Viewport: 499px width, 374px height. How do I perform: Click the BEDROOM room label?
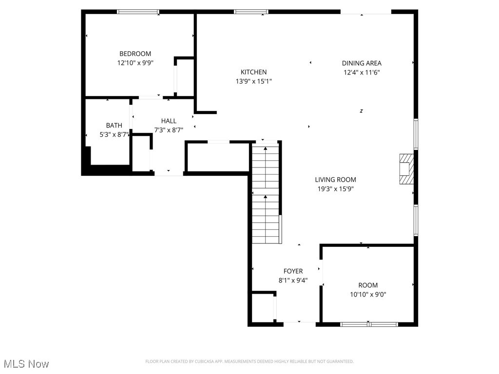click(135, 54)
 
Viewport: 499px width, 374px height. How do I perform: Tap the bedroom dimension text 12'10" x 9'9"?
click(135, 62)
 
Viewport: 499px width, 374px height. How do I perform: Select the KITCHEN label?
click(253, 72)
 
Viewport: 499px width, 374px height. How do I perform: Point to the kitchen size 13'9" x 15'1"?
click(253, 81)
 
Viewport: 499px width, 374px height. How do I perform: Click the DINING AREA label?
click(362, 63)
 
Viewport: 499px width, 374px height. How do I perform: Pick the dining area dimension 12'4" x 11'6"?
click(362, 72)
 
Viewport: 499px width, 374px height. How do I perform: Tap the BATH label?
click(114, 125)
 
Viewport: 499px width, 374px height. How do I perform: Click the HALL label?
click(169, 121)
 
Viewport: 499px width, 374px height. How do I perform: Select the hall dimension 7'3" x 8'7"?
click(169, 130)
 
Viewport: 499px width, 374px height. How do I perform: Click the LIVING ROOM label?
click(335, 179)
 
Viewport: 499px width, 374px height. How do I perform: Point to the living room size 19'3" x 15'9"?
click(335, 188)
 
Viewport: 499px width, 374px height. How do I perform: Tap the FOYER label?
click(293, 271)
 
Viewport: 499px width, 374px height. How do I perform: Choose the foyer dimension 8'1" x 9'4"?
click(293, 280)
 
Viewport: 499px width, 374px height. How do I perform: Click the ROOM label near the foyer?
click(368, 285)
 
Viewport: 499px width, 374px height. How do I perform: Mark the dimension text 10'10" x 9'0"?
click(368, 294)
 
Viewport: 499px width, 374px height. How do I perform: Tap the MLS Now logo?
click(26, 364)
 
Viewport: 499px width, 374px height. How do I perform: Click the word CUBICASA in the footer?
click(213, 361)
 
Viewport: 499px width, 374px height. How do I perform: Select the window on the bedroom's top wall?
click(138, 12)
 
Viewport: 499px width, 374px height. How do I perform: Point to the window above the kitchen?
click(251, 12)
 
